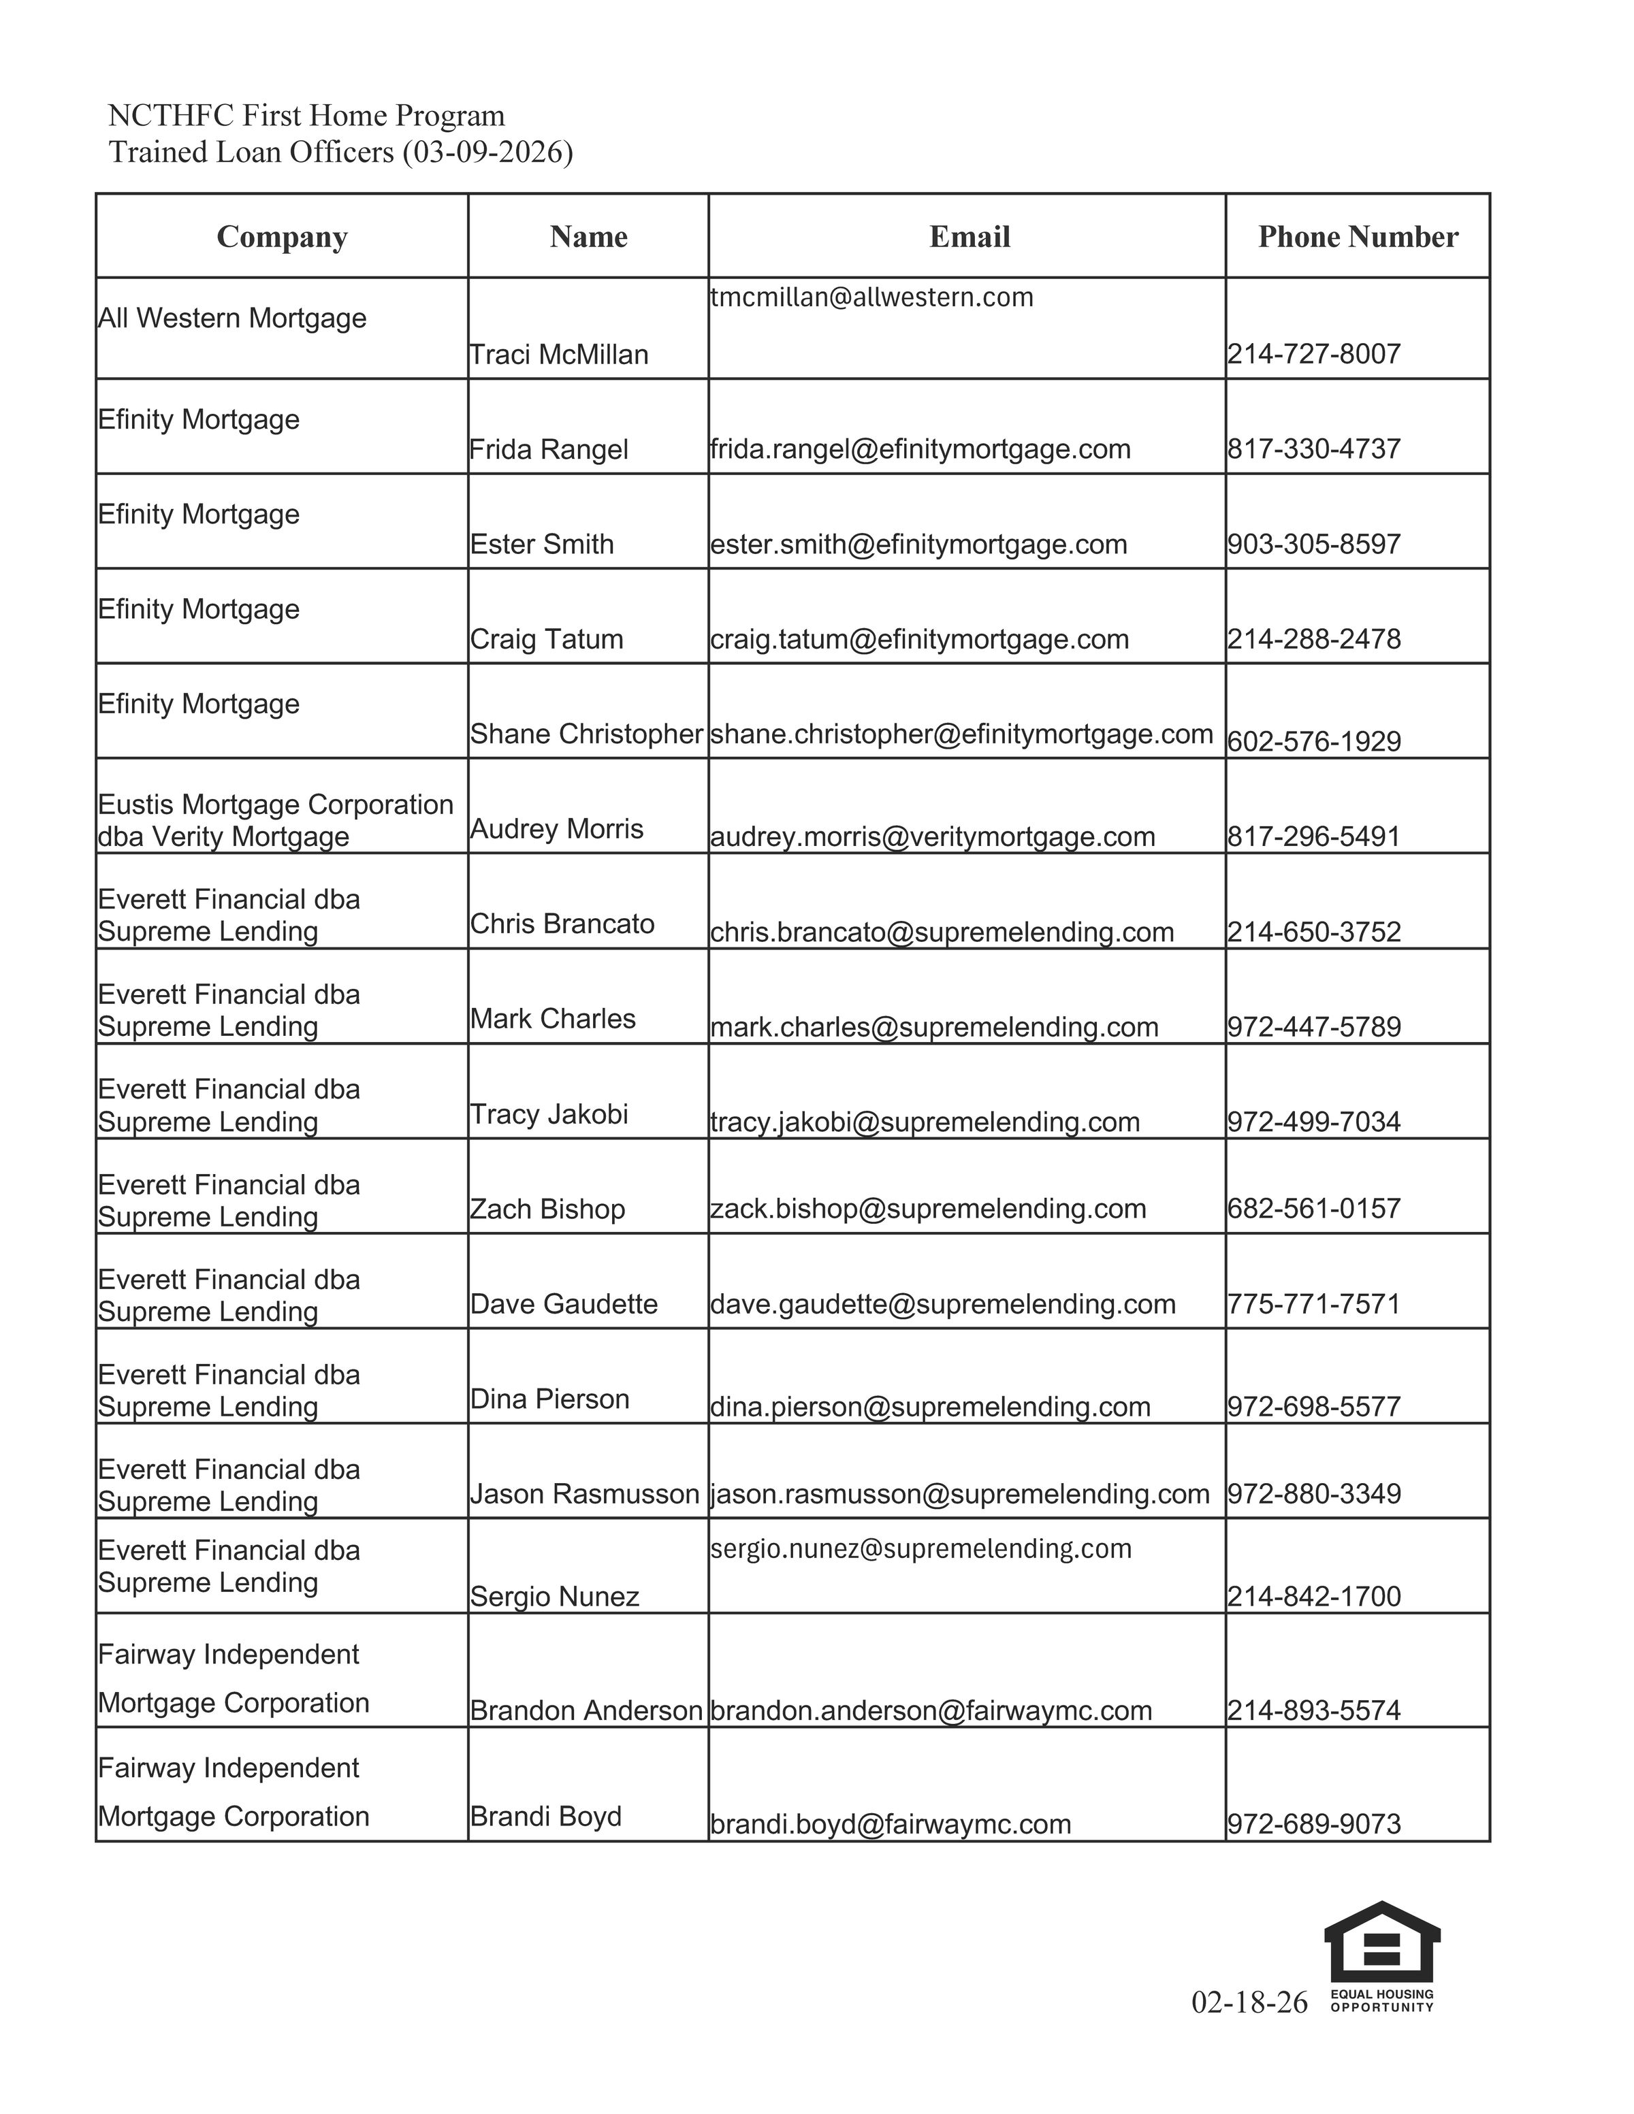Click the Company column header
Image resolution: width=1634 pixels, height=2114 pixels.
[x=282, y=237]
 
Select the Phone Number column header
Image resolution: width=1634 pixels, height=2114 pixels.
[x=1357, y=237]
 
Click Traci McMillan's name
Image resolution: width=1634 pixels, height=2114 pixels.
[x=558, y=355]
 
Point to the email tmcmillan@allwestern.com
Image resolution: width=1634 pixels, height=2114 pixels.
[x=871, y=297]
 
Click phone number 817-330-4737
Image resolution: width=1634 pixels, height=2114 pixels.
[x=1313, y=449]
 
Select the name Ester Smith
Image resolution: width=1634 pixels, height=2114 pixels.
[x=541, y=544]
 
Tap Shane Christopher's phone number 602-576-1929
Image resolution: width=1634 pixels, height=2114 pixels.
[x=1313, y=741]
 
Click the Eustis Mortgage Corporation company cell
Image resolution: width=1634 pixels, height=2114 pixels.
[x=276, y=820]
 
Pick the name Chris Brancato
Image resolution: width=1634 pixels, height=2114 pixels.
[x=562, y=924]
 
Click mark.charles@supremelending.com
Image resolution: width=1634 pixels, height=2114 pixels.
[x=934, y=1027]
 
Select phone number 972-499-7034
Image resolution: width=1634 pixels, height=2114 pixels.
[x=1313, y=1122]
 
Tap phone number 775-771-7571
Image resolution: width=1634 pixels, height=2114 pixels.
[x=1313, y=1304]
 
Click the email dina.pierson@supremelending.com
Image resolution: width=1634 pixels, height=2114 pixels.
[x=930, y=1406]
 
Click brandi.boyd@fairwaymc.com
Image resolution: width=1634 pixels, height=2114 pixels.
[x=891, y=1825]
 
